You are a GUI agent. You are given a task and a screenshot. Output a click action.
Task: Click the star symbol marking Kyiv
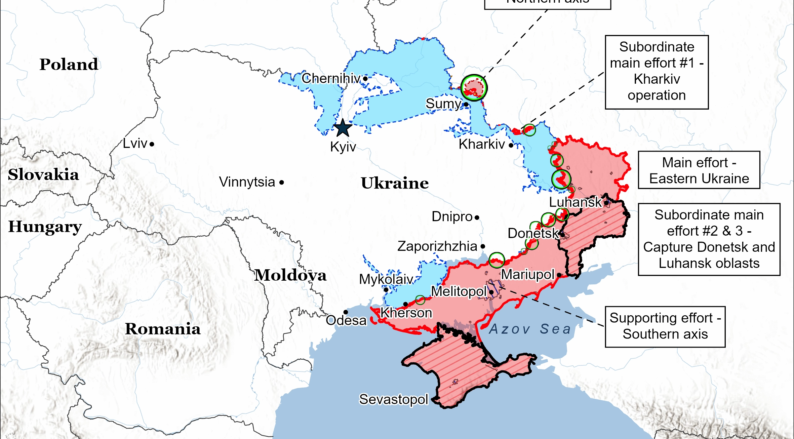click(x=343, y=128)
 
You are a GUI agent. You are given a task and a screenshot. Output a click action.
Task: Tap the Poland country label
click(x=69, y=64)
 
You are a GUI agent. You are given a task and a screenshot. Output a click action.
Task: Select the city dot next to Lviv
click(x=152, y=144)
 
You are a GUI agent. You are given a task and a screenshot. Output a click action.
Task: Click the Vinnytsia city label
click(x=247, y=182)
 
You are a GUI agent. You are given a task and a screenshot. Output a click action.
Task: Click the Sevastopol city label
click(x=393, y=399)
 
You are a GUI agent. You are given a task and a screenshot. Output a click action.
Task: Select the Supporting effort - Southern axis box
click(x=665, y=326)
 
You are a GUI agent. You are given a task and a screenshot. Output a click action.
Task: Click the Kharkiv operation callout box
click(x=657, y=72)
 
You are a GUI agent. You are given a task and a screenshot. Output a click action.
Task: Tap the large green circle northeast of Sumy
click(x=474, y=88)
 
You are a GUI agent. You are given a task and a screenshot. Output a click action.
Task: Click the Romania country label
click(x=163, y=329)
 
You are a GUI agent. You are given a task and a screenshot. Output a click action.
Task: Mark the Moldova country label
click(x=290, y=275)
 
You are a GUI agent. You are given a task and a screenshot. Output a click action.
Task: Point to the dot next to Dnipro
click(x=477, y=217)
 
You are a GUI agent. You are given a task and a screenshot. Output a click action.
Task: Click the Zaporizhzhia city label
click(x=437, y=246)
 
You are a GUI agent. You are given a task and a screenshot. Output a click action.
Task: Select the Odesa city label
click(x=346, y=320)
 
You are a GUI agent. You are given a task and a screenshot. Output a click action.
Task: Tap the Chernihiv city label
click(x=331, y=78)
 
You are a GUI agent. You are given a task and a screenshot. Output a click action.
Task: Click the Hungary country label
click(x=45, y=227)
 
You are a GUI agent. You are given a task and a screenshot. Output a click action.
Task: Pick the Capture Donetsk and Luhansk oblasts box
click(x=709, y=239)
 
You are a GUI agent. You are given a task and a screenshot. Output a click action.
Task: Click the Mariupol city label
click(x=527, y=274)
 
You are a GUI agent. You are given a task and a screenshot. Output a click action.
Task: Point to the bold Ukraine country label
click(x=395, y=183)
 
